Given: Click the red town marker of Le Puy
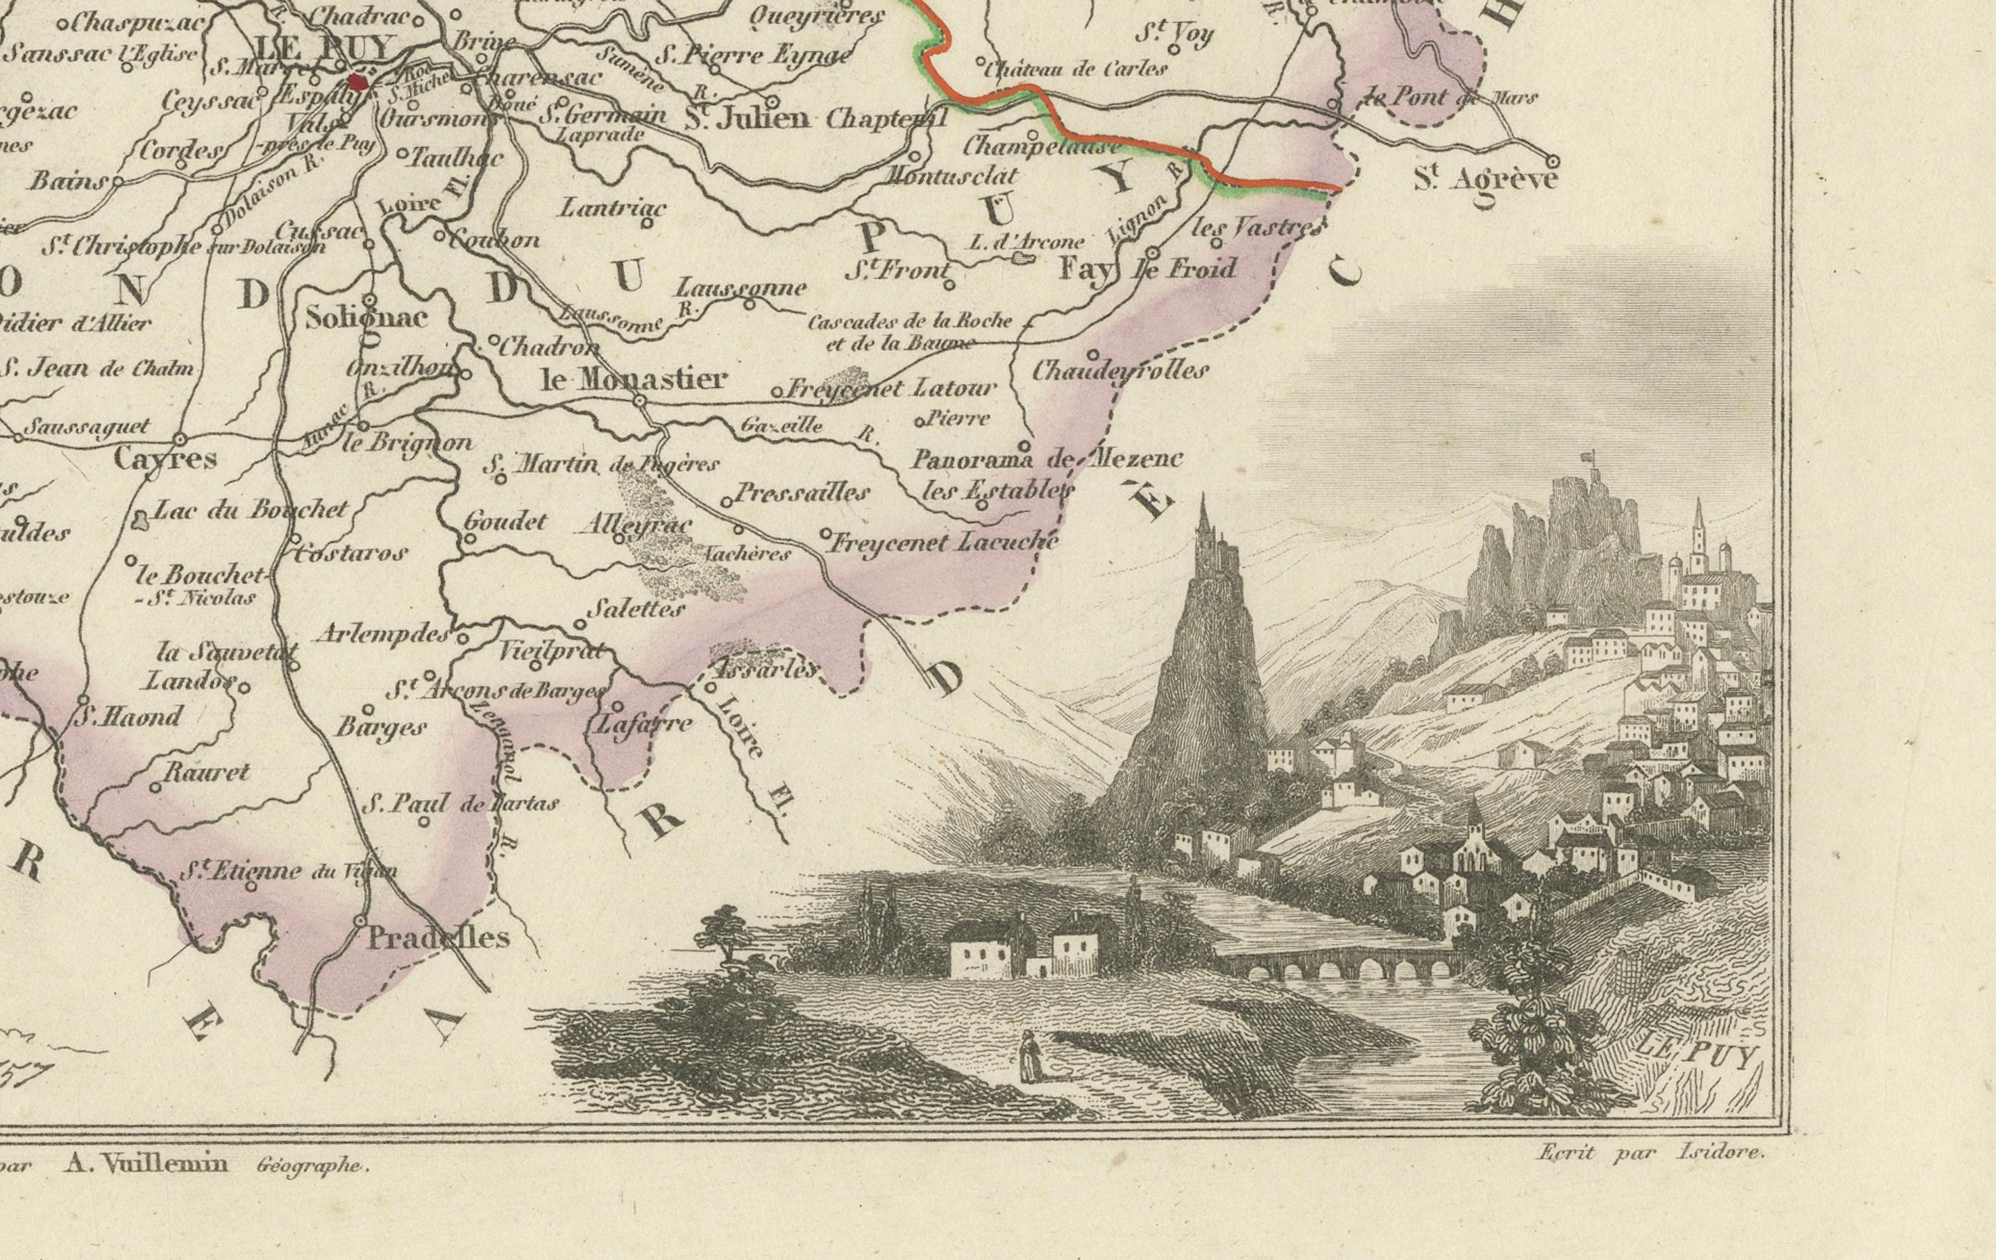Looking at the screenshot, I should coord(358,81).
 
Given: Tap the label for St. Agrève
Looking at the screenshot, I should coord(1486,180).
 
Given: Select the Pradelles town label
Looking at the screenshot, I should coord(438,937).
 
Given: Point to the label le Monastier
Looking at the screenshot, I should coord(634,380).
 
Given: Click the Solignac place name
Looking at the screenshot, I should coord(366,318).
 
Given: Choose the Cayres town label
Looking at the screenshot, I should coord(165,459).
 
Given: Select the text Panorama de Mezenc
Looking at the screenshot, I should coord(1047,459).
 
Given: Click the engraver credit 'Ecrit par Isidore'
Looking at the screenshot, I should coord(1650,1153).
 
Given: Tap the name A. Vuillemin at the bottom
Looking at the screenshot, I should coord(146,1162).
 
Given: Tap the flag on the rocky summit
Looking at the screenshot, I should coord(1587,455).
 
